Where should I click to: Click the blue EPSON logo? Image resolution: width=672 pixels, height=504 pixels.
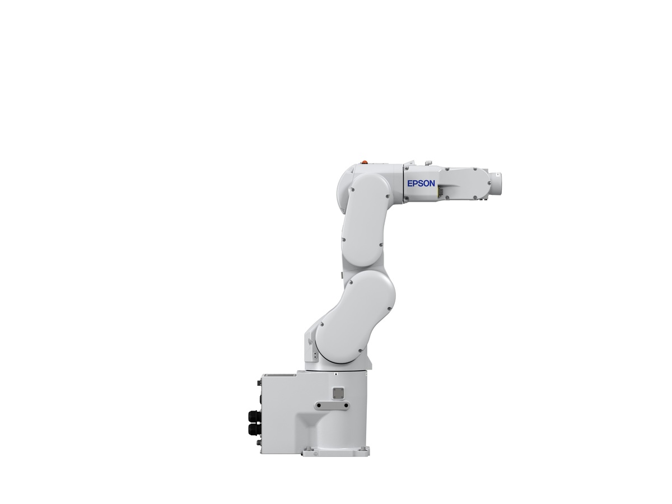(421, 183)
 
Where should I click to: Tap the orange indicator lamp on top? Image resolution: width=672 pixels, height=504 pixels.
(365, 162)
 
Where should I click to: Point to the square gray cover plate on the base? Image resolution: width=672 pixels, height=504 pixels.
(338, 393)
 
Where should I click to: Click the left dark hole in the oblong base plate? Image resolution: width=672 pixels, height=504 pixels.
(319, 405)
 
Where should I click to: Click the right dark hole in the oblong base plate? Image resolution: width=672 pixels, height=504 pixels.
(346, 405)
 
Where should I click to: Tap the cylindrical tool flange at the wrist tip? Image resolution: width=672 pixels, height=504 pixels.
(494, 183)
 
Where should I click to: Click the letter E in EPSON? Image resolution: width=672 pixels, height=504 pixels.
(409, 183)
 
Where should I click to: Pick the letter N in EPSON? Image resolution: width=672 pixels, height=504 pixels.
(431, 183)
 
